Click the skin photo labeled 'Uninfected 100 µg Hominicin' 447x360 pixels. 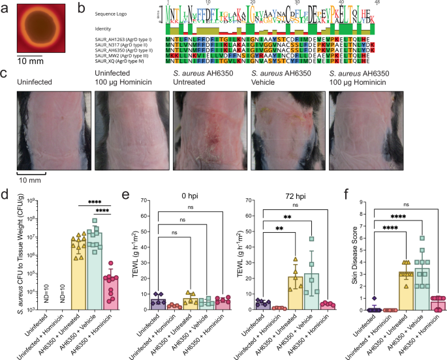pos(126,130)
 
